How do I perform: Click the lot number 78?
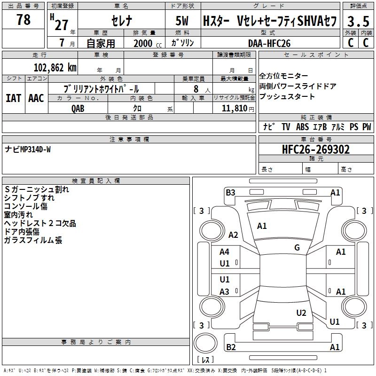tap(23, 20)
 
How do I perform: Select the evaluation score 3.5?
tap(358, 22)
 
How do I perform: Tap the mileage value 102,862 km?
tap(55, 67)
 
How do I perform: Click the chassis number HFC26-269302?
tap(316, 149)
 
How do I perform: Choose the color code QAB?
tap(78, 108)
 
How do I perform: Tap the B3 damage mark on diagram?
tap(230, 192)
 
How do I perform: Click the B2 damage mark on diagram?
tap(231, 347)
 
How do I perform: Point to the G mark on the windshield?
tap(297, 248)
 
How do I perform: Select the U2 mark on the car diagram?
tap(301, 313)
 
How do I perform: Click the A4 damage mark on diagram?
tap(225, 252)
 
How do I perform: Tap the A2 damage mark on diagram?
tap(233, 235)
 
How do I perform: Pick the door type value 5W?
tap(183, 22)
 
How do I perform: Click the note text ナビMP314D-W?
tap(28, 149)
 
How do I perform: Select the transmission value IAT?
tap(13, 98)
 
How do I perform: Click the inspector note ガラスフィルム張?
tap(33, 240)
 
